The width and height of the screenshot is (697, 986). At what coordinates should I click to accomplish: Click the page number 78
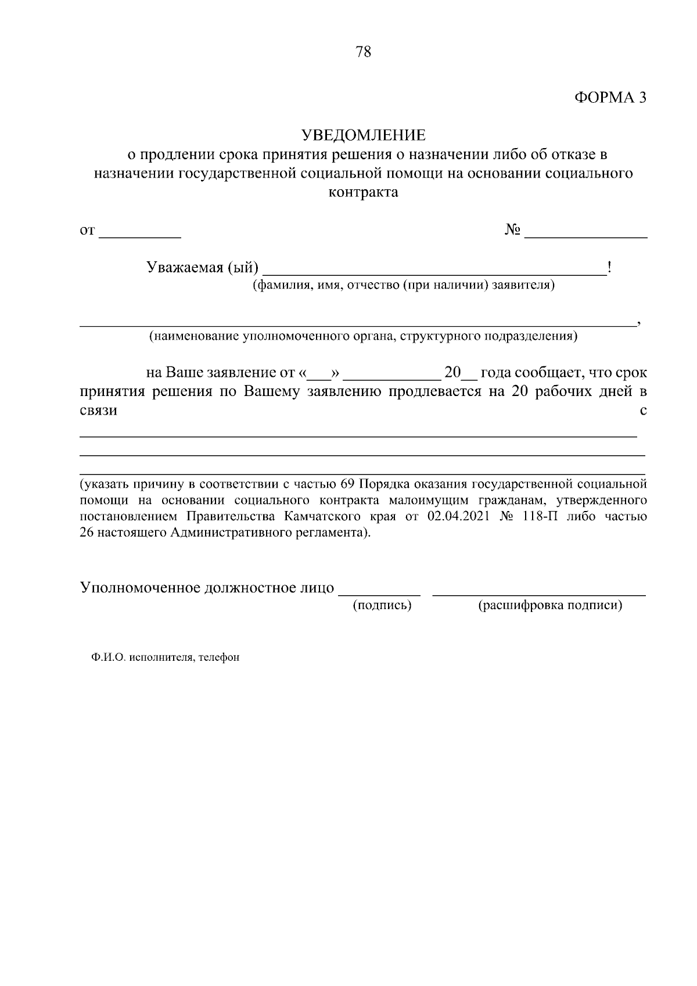(362, 52)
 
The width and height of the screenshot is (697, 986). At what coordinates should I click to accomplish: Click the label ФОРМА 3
(610, 98)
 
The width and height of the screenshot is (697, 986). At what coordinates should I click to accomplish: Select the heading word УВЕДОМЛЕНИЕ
(363, 135)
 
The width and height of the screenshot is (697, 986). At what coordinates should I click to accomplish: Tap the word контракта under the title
(363, 192)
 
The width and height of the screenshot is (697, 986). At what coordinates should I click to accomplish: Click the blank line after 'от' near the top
(140, 232)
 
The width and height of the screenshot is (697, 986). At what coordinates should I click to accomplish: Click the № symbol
(512, 230)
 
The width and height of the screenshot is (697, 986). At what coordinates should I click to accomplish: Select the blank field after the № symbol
(585, 232)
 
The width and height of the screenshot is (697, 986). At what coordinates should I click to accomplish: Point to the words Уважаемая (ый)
(202, 268)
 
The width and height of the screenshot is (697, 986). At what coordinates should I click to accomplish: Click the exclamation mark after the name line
(609, 267)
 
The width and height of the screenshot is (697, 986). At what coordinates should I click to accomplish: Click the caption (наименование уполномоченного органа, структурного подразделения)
(363, 336)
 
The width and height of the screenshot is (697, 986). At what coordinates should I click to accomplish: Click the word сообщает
(549, 372)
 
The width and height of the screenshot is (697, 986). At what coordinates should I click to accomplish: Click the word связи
(98, 411)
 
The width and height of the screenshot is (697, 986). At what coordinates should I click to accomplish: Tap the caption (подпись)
(382, 606)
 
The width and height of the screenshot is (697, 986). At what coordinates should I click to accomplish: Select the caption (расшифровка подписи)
(549, 606)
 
